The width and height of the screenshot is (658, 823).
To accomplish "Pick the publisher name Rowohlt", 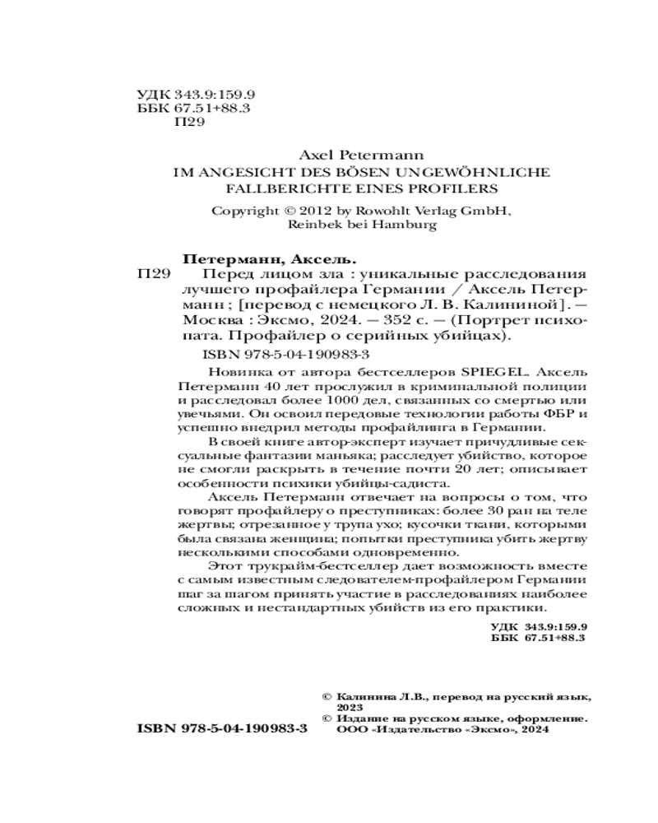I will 382,210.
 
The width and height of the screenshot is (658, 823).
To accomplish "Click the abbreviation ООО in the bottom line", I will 350,729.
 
